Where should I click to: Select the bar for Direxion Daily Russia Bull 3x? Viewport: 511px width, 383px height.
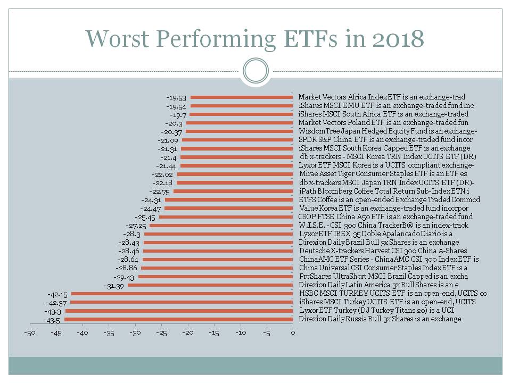178,319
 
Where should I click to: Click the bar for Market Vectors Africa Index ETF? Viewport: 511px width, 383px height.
242,97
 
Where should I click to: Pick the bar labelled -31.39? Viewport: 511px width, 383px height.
210,285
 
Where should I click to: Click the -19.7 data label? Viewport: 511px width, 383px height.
178,114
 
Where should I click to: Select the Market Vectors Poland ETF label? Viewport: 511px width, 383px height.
383,122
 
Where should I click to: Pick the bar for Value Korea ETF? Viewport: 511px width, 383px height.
228,208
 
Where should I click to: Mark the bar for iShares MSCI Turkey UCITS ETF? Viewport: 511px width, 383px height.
182,302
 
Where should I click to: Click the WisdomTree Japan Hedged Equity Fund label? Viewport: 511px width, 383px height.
388,131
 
